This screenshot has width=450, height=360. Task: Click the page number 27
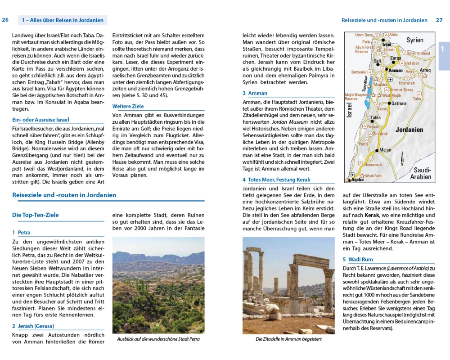[x=439, y=20]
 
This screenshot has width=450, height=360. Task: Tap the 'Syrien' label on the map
[x=414, y=40]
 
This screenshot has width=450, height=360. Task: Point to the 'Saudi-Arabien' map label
[x=421, y=173]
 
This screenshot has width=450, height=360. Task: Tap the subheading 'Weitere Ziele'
[x=128, y=107]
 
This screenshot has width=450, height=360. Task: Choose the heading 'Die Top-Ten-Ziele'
[x=35, y=215]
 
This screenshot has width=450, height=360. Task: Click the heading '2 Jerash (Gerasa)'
[x=33, y=326]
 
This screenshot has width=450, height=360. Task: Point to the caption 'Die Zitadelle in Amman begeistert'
[x=288, y=339]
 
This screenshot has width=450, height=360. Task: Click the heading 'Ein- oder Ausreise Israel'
[x=40, y=120]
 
